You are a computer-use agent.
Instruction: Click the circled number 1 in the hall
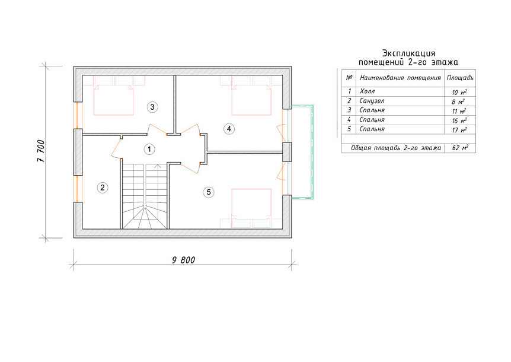[149, 150]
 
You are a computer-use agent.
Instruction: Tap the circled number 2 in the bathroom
[103, 188]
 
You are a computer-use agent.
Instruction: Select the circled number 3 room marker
[152, 107]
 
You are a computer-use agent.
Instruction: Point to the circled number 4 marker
[229, 129]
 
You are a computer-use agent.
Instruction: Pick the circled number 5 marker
[209, 192]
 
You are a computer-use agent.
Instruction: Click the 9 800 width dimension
[184, 260]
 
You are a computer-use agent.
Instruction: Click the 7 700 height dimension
[41, 151]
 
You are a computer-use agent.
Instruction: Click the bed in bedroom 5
[251, 208]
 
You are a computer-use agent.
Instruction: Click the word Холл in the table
[367, 91]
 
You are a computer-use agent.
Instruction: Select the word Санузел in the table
[372, 101]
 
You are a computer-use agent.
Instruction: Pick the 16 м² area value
[459, 120]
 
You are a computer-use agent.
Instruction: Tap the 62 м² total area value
[460, 147]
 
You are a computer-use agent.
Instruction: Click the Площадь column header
[460, 78]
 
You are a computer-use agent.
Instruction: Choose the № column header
[349, 78]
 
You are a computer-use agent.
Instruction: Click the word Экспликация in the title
[408, 53]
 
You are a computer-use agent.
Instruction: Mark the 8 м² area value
[458, 101]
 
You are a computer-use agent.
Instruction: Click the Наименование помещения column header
[400, 78]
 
